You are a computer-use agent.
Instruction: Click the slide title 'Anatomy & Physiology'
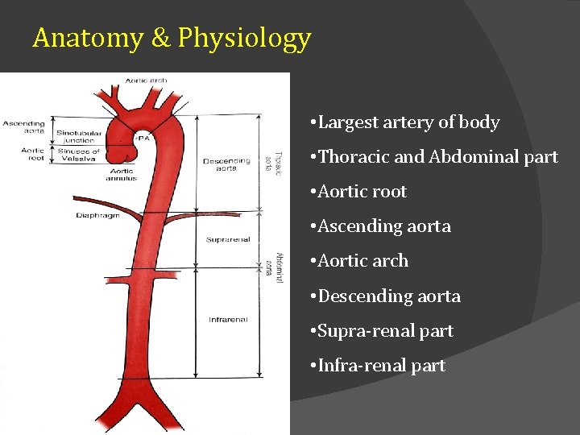[172, 38]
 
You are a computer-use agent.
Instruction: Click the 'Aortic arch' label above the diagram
[146, 80]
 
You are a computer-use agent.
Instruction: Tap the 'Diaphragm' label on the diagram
[97, 215]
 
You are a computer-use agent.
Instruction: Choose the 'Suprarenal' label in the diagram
[228, 239]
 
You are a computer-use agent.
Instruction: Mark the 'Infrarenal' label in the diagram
[228, 320]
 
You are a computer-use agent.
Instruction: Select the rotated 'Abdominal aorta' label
[273, 265]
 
